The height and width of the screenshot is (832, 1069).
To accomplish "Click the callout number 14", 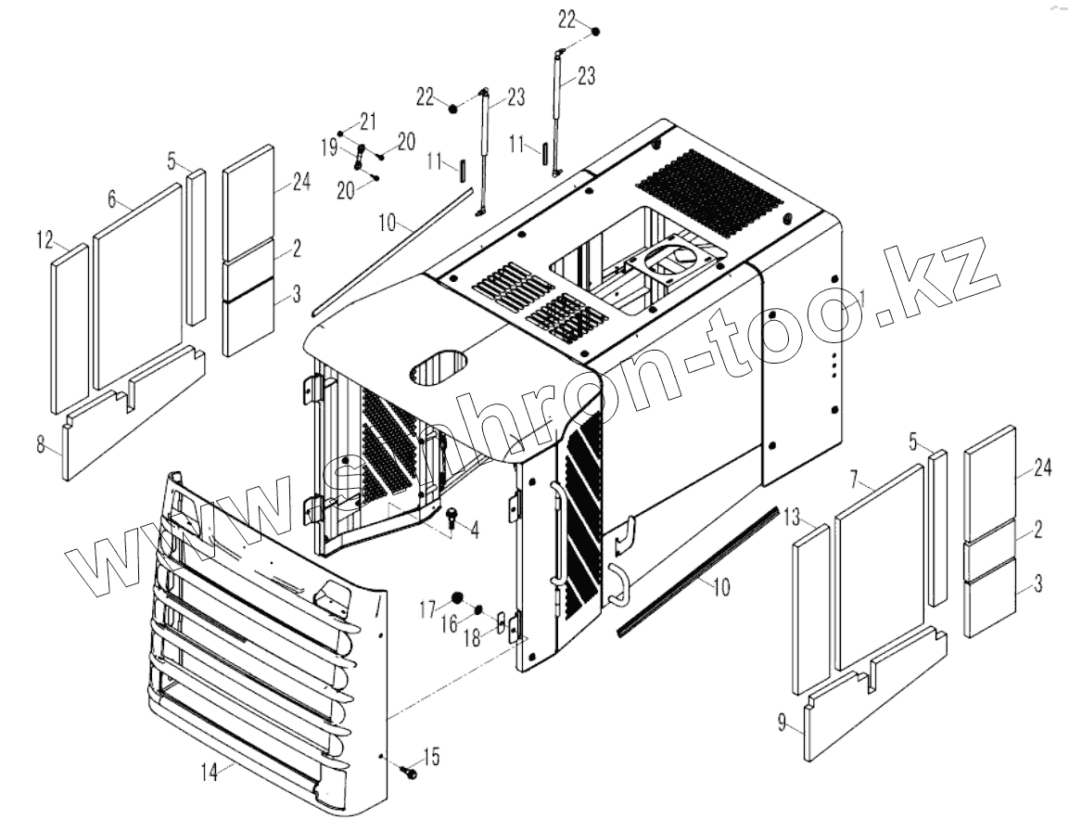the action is (x=210, y=770).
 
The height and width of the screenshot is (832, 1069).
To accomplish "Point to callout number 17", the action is (x=426, y=608).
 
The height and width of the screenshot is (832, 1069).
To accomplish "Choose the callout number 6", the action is (x=111, y=198).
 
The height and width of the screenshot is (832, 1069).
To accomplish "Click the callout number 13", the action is (x=790, y=516).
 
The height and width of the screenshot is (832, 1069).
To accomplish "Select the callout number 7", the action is (x=856, y=480).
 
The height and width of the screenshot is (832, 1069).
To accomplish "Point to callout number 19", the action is (x=328, y=146).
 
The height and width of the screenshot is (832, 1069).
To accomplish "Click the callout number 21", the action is (x=369, y=120).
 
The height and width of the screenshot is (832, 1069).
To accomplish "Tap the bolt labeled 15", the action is (x=407, y=770).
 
